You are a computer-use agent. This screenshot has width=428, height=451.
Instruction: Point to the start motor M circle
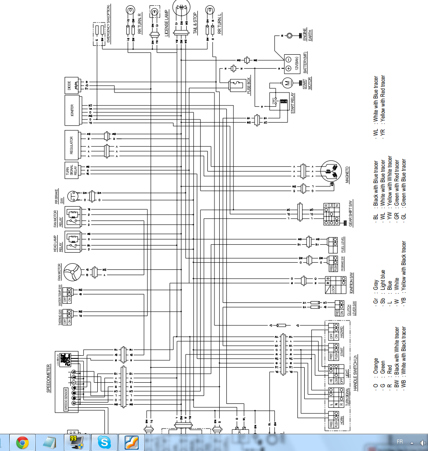point(287,82)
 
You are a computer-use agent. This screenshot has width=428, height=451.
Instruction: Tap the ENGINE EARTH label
point(306,35)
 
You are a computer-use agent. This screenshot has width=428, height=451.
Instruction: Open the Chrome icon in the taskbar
point(23,442)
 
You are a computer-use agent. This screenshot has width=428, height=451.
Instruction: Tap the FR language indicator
point(399,441)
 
